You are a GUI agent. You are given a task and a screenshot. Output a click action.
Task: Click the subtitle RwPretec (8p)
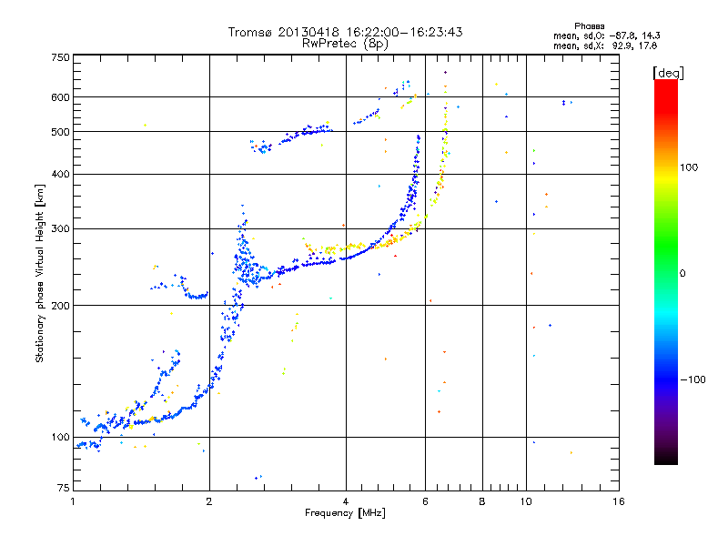(x=345, y=44)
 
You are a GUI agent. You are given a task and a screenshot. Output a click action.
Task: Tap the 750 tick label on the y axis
(x=61, y=57)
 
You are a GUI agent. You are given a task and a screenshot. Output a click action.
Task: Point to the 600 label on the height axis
(x=61, y=97)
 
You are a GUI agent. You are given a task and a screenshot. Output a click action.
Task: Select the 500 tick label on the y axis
(x=61, y=132)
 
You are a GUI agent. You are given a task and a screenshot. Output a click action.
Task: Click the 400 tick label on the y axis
(x=61, y=174)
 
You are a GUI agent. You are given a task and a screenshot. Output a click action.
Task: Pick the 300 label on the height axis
(x=61, y=228)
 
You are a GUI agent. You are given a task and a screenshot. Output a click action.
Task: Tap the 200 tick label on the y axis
(x=61, y=306)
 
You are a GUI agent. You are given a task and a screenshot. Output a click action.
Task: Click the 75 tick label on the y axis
(x=64, y=488)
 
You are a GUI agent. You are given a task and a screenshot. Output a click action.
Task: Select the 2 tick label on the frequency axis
(x=209, y=501)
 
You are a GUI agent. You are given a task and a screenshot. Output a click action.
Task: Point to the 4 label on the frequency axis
(x=346, y=501)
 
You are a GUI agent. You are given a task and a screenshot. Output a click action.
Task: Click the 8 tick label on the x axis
(x=482, y=501)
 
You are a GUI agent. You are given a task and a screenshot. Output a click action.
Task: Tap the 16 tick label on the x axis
(x=619, y=501)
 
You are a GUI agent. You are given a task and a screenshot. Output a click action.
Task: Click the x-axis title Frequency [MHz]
(x=345, y=513)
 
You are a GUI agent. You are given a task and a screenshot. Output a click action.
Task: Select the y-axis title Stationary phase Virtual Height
(x=39, y=288)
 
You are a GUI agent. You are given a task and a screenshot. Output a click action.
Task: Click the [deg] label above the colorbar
(x=668, y=74)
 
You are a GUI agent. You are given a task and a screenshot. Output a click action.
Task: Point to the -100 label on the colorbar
(x=693, y=379)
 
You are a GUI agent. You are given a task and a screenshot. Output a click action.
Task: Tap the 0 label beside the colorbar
(x=682, y=274)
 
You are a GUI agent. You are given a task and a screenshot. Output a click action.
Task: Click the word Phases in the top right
(x=589, y=26)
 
